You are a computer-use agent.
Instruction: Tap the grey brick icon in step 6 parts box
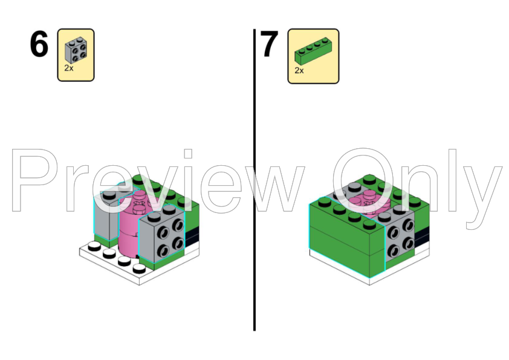(x=76, y=50)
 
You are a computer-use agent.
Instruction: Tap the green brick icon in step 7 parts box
(x=313, y=52)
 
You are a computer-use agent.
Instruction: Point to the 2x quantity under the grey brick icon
(x=69, y=68)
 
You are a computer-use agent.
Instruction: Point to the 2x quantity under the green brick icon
(x=299, y=70)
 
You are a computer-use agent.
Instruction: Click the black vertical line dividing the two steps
(x=254, y=182)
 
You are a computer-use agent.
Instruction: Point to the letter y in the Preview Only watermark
(x=484, y=188)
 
